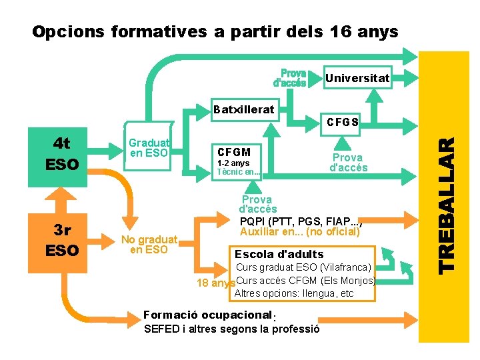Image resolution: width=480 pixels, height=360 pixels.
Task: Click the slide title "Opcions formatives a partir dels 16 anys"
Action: tap(215, 31)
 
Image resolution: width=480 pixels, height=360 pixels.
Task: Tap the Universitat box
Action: tap(357, 79)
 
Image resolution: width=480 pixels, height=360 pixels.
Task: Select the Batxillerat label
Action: tap(243, 109)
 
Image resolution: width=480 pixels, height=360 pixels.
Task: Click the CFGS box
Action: tap(343, 122)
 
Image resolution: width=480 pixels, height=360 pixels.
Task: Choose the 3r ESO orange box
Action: tap(61, 240)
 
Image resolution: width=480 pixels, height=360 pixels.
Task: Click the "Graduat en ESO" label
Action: tap(149, 148)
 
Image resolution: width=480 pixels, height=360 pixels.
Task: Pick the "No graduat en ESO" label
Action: tap(149, 245)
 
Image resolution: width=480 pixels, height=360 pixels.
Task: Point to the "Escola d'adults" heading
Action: tap(279, 254)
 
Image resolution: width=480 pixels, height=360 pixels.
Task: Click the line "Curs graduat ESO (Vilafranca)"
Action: tap(303, 267)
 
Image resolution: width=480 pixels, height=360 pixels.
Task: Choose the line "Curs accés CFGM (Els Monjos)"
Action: tap(306, 280)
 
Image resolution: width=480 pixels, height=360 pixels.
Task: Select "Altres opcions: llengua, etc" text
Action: tap(294, 293)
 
